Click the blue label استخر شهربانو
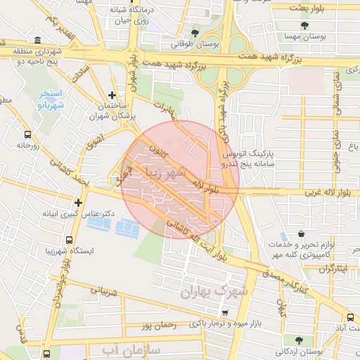point(49,98)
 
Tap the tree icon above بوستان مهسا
point(304,25)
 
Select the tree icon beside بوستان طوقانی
point(195,32)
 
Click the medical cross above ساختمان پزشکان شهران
point(112,94)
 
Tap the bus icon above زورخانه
point(27,134)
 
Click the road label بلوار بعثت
point(307,6)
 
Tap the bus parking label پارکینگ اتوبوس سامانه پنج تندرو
point(249,157)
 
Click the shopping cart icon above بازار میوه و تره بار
point(224,313)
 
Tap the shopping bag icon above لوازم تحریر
point(301,234)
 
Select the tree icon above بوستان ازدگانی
point(299,340)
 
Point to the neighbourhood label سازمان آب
point(131,349)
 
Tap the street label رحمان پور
point(157,325)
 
